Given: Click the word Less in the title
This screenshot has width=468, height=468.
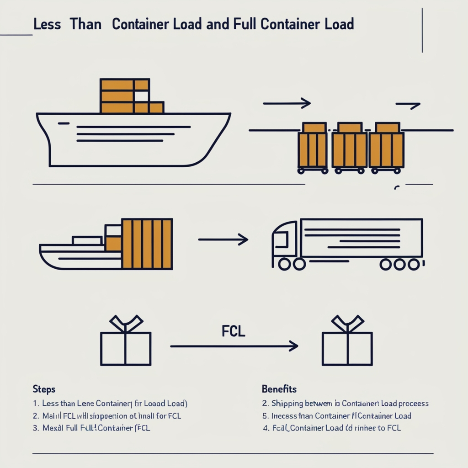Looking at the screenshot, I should point(47,24).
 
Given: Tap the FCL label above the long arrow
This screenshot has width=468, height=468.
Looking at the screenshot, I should point(234,331).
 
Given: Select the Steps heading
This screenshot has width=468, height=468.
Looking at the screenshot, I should point(44,389).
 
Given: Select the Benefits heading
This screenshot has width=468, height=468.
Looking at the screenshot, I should point(279,389).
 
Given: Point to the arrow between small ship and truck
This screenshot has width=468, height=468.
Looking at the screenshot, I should point(223,239).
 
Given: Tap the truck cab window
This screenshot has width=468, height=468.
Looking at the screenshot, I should point(280,239).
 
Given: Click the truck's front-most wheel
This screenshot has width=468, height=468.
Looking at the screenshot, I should point(284,264).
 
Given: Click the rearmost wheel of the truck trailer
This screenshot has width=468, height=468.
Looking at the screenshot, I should point(414,264).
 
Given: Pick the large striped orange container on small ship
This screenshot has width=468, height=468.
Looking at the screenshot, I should point(147,244).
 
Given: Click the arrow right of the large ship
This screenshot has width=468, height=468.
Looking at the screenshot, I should point(287,104).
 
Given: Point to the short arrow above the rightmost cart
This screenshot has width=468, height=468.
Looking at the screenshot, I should point(408,106).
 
